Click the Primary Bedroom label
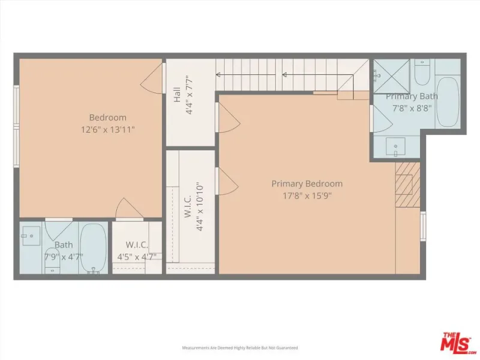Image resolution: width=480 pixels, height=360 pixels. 307,184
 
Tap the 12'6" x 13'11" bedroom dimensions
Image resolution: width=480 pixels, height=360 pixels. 108,130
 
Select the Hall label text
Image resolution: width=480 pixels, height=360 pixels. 177,95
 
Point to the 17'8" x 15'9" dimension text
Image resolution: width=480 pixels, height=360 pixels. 307,196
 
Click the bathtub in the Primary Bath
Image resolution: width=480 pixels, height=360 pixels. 447,102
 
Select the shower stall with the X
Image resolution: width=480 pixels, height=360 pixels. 392,76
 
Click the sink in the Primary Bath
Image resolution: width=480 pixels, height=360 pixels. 395,147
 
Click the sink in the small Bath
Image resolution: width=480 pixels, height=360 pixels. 31,236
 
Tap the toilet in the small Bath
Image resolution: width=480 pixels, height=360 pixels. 52,261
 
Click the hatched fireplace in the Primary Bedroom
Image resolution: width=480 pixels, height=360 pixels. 407,185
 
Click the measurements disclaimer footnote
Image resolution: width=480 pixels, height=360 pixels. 240,348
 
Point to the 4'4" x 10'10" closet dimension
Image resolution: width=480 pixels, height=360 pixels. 200,206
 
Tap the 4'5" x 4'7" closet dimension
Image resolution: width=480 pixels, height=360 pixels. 137,257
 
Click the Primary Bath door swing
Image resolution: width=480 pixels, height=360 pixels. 382,118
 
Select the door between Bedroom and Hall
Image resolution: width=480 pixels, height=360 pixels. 152,79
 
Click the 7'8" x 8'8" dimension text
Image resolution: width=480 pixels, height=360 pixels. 412,108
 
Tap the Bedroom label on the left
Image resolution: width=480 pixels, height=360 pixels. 108,118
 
